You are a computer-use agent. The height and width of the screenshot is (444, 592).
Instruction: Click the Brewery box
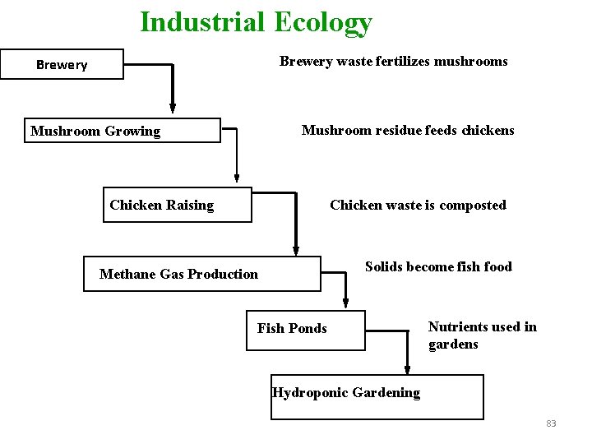click(x=62, y=64)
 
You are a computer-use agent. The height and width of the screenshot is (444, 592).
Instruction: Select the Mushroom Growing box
click(x=123, y=131)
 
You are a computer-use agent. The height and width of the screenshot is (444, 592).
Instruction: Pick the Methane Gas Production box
click(x=201, y=274)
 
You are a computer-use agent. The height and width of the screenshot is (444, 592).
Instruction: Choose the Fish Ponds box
click(x=306, y=330)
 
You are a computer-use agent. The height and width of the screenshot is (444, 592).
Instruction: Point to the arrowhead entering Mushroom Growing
click(x=173, y=107)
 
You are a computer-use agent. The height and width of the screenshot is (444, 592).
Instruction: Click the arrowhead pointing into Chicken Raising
click(x=237, y=176)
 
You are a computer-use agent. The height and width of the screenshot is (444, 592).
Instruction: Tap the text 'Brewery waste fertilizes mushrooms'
click(x=393, y=62)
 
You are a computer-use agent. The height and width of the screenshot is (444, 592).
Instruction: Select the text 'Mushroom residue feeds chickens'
click(x=408, y=130)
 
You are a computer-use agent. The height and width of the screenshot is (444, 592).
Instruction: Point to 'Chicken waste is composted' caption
click(x=418, y=205)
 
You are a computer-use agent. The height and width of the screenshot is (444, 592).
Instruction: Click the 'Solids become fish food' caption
click(x=438, y=266)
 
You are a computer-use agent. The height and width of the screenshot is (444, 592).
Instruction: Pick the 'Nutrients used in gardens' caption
click(x=482, y=335)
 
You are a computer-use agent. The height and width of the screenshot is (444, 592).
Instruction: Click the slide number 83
click(x=551, y=423)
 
